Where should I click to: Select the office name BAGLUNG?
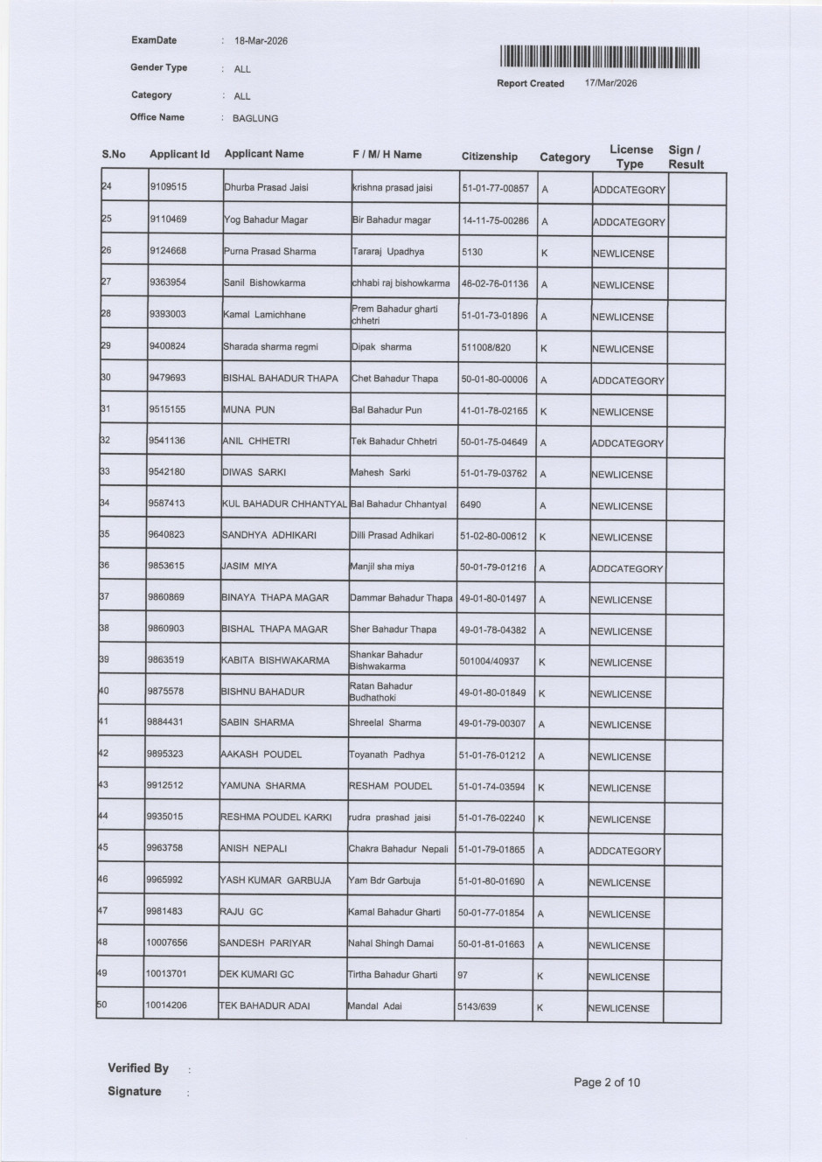point(255,119)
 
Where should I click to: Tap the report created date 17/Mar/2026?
point(610,84)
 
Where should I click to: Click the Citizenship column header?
point(489,157)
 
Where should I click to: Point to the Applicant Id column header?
point(179,155)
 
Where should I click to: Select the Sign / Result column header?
point(686,157)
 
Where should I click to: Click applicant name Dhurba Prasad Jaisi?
point(266,187)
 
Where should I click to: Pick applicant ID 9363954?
point(168,282)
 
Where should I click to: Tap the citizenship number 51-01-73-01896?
point(494,316)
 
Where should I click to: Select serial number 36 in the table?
point(104,566)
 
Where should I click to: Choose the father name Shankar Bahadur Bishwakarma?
point(386,660)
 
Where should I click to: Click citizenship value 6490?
point(470,504)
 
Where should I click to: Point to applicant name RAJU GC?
point(241,912)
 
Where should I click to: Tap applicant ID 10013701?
point(166,974)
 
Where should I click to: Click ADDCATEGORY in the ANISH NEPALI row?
point(624,851)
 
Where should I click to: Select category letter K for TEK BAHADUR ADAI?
point(540,1008)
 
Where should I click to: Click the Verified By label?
point(138,1068)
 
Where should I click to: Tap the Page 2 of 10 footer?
point(606,1082)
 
